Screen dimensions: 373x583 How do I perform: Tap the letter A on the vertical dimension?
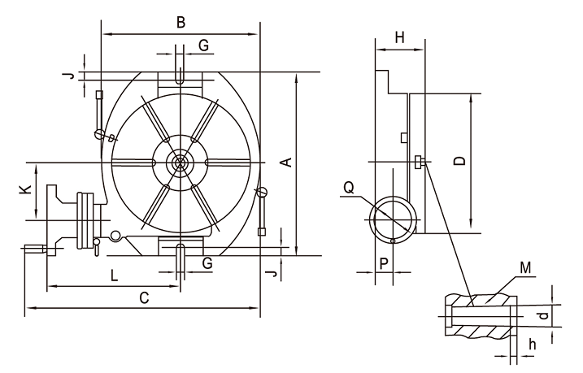(285, 163)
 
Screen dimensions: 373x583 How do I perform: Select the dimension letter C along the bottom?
(143, 297)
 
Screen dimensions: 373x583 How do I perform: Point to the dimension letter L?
(114, 275)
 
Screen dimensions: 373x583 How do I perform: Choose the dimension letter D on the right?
(459, 161)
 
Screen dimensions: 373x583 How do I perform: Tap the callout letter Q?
(349, 188)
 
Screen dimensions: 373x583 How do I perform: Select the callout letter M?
(526, 267)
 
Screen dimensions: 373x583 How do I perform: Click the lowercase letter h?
(532, 344)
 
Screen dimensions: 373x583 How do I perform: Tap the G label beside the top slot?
(203, 46)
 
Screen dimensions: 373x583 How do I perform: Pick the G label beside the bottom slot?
(207, 263)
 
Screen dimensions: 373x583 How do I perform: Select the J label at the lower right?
(273, 274)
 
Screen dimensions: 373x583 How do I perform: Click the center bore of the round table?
(180, 163)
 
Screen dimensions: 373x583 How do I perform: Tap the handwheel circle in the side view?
(393, 219)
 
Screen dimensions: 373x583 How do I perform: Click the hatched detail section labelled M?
(481, 314)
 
